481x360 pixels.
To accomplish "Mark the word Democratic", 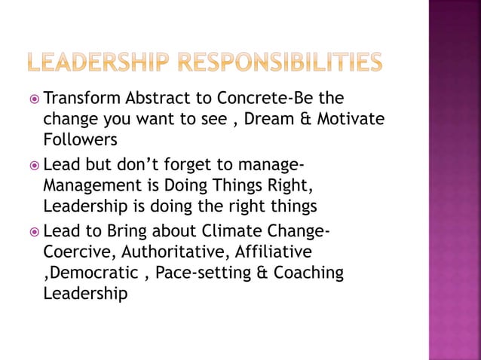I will click(88, 271).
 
